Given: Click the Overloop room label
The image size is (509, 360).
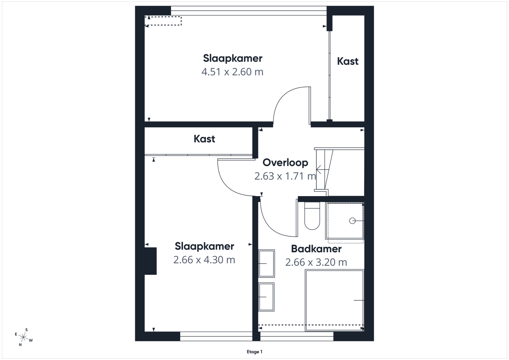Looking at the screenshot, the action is (285, 163).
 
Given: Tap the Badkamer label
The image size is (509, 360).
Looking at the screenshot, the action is (316, 249).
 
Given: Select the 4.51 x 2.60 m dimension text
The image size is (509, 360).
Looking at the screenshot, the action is (232, 72).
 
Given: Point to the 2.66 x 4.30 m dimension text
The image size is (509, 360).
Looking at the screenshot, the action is (204, 260).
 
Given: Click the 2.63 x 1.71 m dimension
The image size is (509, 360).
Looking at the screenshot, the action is (285, 176).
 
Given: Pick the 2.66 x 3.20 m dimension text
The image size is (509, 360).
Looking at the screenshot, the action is (316, 262).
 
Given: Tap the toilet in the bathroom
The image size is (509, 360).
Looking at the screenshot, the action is (312, 216).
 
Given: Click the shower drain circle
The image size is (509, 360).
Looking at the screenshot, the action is (352, 221).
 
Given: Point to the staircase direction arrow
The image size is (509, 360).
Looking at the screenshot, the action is (322, 169).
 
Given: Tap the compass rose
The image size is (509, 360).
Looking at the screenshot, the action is (23, 337).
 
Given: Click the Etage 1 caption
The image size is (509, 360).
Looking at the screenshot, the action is (254, 352).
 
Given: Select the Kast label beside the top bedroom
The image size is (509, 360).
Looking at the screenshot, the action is (348, 61).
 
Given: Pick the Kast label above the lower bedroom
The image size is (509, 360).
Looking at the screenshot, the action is (204, 139).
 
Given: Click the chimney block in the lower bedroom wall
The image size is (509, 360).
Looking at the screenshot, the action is (150, 261).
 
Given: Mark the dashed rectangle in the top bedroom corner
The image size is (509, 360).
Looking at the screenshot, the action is (163, 16).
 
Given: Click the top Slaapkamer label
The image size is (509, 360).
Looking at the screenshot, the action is (233, 58).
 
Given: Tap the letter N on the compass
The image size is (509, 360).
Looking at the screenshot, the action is (20, 344).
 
